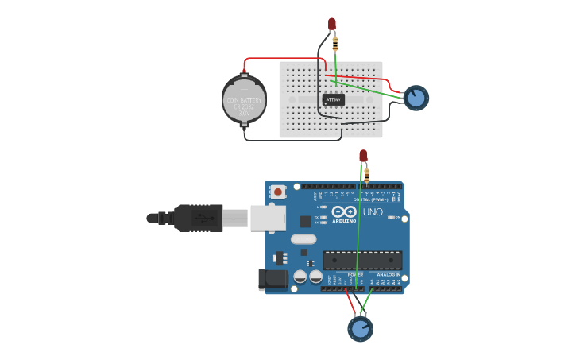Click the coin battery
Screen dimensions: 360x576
pyautogui.click(x=244, y=99)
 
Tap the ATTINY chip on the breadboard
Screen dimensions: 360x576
pyautogui.click(x=333, y=99)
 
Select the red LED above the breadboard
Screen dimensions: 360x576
pyautogui.click(x=331, y=25)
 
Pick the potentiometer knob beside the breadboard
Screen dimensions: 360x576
pyautogui.click(x=416, y=98)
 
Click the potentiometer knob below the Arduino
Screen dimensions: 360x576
pyautogui.click(x=360, y=328)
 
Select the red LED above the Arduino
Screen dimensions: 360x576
pyautogui.click(x=363, y=156)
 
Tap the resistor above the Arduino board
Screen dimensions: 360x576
pyautogui.click(x=366, y=175)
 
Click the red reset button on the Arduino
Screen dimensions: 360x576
pyautogui.click(x=278, y=192)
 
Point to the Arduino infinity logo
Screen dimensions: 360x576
pyautogui.click(x=344, y=212)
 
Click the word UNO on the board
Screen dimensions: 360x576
pyautogui.click(x=373, y=212)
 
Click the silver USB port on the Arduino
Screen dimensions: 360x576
pyautogui.click(x=268, y=218)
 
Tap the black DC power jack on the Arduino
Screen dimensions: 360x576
pyautogui.click(x=273, y=280)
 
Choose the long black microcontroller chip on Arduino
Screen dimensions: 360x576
pyautogui.click(x=361, y=260)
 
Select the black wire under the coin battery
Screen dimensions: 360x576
pyautogui.click(x=286, y=140)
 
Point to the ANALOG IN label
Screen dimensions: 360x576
pyautogui.click(x=388, y=274)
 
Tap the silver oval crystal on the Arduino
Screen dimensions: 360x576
pyautogui.click(x=303, y=239)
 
